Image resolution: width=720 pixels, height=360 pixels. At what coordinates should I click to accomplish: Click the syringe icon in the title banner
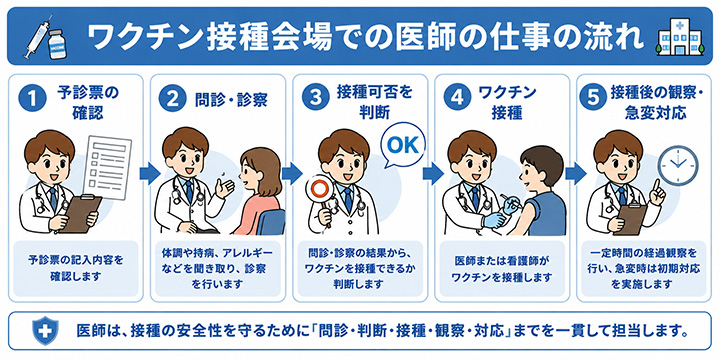tap(38, 37)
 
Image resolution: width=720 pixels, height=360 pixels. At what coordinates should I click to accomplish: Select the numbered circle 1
tap(33, 101)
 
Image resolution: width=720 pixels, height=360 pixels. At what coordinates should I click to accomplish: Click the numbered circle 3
tap(316, 101)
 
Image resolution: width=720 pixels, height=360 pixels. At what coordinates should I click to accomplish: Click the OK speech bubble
tap(402, 146)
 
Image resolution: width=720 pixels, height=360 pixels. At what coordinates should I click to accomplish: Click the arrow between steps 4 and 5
tap(574, 174)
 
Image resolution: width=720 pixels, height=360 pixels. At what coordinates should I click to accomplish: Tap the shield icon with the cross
tap(45, 330)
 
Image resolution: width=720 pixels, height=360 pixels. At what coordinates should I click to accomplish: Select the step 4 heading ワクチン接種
tap(506, 102)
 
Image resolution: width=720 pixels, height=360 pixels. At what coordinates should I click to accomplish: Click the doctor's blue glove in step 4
tap(494, 220)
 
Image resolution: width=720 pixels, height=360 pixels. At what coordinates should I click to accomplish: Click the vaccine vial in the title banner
tap(58, 44)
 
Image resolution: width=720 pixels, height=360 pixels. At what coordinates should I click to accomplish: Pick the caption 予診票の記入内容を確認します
tap(75, 268)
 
